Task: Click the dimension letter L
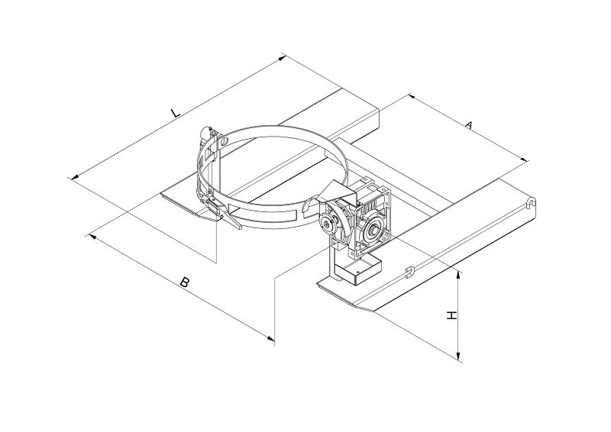[x=176, y=113]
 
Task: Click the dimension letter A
[x=469, y=125]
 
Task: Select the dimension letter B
[x=184, y=282]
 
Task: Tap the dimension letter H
[x=451, y=315]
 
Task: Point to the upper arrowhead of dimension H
[x=459, y=276]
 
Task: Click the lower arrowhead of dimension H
[x=459, y=356]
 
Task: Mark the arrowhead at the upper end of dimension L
[x=282, y=58]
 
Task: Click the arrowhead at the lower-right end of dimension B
[x=270, y=338]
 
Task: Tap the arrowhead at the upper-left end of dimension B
[x=93, y=237]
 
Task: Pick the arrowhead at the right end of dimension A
[x=524, y=159]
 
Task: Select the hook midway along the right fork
[x=409, y=271]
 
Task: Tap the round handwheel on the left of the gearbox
[x=326, y=223]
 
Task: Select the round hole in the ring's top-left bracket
[x=223, y=141]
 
